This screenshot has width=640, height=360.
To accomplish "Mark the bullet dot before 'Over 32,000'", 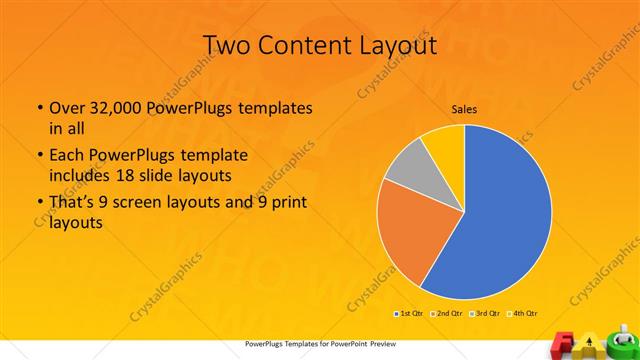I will click(x=39, y=109).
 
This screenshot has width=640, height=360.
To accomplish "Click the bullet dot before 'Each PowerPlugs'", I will click(x=39, y=156).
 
